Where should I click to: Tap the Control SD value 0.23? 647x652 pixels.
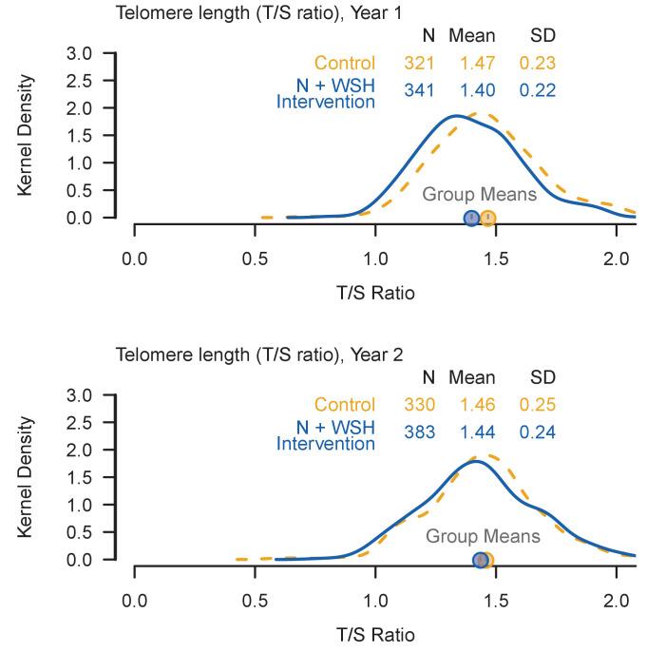[538, 65]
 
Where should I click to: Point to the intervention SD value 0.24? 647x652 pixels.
[538, 431]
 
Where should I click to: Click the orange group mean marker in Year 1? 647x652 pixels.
[487, 219]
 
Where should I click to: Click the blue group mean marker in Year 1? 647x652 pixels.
[471, 219]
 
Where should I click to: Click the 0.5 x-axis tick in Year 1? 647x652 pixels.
[255, 257]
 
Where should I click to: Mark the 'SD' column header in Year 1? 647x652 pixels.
[542, 35]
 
